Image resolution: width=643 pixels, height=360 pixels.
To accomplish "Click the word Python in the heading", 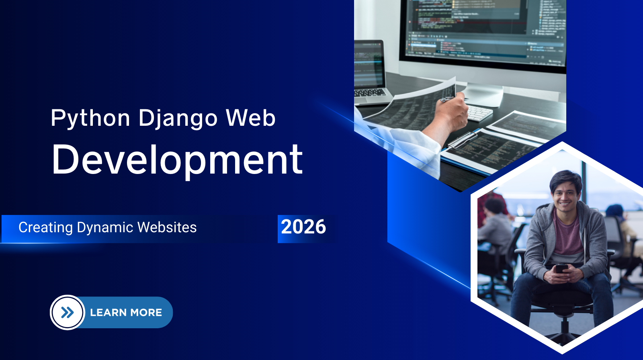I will [90, 119].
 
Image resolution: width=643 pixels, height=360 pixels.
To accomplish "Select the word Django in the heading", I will [178, 119].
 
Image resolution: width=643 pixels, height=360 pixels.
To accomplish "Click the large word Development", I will [177, 160].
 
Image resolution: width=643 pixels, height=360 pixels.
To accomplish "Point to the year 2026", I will [303, 227].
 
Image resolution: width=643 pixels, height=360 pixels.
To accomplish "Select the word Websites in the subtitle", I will [167, 227].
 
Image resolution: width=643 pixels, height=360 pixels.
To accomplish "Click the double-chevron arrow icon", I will [68, 313].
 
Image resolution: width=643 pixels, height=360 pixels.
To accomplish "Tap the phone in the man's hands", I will [561, 268].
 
